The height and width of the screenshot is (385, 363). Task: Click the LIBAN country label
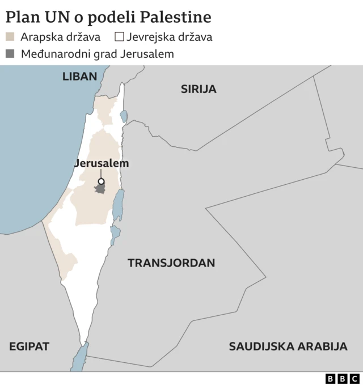[x=80, y=76]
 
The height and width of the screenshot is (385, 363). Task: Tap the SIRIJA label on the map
[x=199, y=89]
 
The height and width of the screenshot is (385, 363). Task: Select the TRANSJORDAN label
[x=171, y=263]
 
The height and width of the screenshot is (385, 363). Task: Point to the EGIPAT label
[x=29, y=346]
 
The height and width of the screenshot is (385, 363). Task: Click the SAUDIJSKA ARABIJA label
[x=288, y=346]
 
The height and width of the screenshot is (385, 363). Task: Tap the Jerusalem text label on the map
[x=102, y=163]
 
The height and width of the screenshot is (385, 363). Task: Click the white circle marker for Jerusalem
[x=101, y=182]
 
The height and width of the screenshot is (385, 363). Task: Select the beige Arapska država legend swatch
[x=10, y=38]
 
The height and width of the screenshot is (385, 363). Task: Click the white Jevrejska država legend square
[x=119, y=38]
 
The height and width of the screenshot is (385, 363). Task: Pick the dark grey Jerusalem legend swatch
[x=10, y=54]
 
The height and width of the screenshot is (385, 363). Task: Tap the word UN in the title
[x=57, y=17]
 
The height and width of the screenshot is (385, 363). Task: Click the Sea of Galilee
[x=123, y=116]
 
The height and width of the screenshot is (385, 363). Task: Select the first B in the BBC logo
[x=331, y=378]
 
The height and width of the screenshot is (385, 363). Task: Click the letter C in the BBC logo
[x=354, y=378]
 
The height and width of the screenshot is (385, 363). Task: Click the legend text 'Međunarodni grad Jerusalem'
[x=97, y=54]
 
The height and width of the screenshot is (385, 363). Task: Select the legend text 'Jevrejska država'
[x=170, y=38]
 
